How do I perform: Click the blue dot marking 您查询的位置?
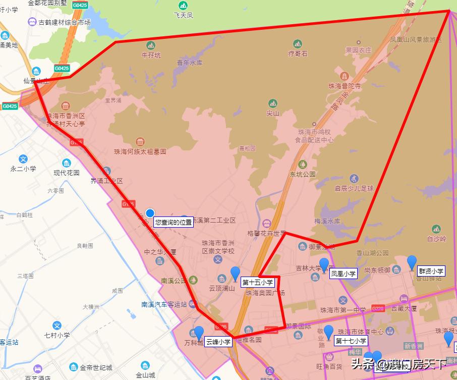(x=150, y=212)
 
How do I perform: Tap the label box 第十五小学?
(x=257, y=283)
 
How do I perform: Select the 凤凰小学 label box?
(x=344, y=274)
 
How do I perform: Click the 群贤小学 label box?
(x=431, y=271)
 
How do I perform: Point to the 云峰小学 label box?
(x=218, y=342)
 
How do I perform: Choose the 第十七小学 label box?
(x=351, y=341)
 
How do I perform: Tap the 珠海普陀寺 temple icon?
(x=345, y=76)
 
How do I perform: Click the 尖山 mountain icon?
(x=273, y=103)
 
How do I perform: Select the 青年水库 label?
(x=189, y=63)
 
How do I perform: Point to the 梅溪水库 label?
(x=328, y=221)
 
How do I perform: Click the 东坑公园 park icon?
(x=302, y=165)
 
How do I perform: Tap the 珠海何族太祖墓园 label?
(x=140, y=151)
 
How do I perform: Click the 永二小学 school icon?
(x=23, y=159)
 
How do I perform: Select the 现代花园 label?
(x=67, y=173)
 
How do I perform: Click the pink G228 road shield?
(x=378, y=308)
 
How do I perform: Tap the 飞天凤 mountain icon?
(x=183, y=6)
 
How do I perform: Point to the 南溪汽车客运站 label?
(x=164, y=304)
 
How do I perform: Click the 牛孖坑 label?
(x=151, y=56)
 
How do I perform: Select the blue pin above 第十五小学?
(x=235, y=273)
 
